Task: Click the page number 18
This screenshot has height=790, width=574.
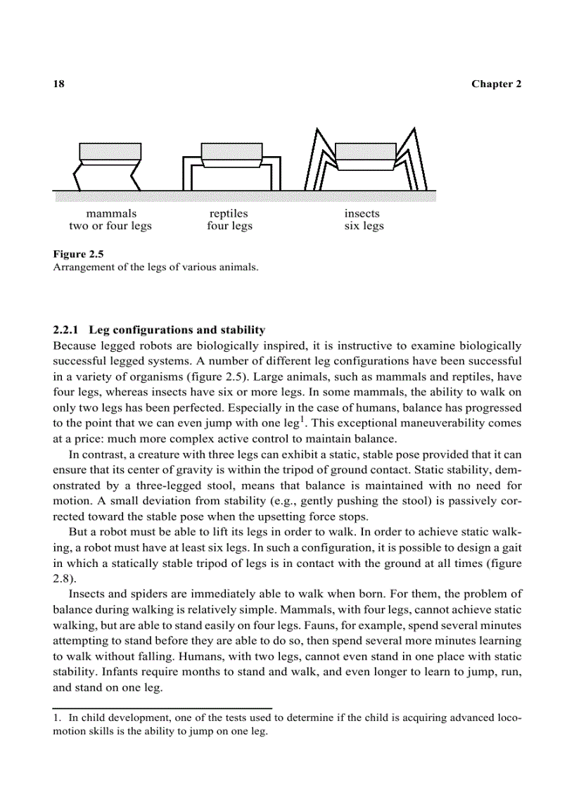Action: pyautogui.click(x=59, y=84)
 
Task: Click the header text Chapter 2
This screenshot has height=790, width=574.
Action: pyautogui.click(x=496, y=84)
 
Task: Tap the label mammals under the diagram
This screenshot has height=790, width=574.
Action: pyautogui.click(x=111, y=213)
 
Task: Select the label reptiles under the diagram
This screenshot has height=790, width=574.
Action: pyautogui.click(x=229, y=213)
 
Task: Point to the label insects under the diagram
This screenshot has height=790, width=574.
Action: pyautogui.click(x=362, y=213)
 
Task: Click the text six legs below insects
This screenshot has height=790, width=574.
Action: pyautogui.click(x=364, y=226)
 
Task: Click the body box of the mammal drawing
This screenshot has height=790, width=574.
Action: pyautogui.click(x=110, y=151)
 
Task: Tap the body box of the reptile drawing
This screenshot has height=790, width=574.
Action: pyautogui.click(x=232, y=151)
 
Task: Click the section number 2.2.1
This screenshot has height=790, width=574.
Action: pyautogui.click(x=68, y=329)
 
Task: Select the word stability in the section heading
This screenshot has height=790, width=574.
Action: pyautogui.click(x=243, y=329)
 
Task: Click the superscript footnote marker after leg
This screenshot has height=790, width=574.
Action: pyautogui.click(x=302, y=419)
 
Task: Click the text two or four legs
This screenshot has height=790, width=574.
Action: pyautogui.click(x=110, y=226)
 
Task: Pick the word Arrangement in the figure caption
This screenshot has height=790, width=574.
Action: pyautogui.click(x=82, y=267)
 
